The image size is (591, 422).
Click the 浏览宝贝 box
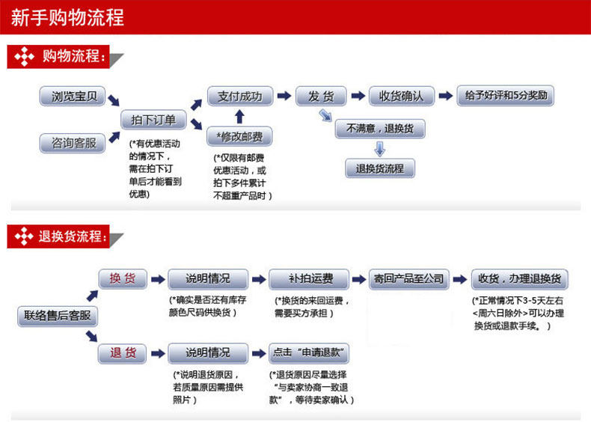point(73,97)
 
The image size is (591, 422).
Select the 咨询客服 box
point(73,143)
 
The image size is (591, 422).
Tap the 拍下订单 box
point(153,120)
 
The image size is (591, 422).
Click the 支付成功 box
point(239,97)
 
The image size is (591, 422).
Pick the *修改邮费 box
point(239,136)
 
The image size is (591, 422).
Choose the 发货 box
point(321,97)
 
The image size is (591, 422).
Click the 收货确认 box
point(401,97)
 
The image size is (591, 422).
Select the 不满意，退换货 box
point(380,129)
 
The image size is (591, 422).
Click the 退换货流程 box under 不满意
point(380,168)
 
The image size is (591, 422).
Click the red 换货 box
point(123,279)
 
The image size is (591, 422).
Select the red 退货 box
point(123,353)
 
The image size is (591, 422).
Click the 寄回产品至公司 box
point(408,279)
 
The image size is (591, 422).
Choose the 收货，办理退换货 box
point(519,279)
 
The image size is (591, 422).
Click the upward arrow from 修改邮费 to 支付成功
point(239,117)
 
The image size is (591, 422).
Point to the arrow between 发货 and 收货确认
point(357,97)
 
